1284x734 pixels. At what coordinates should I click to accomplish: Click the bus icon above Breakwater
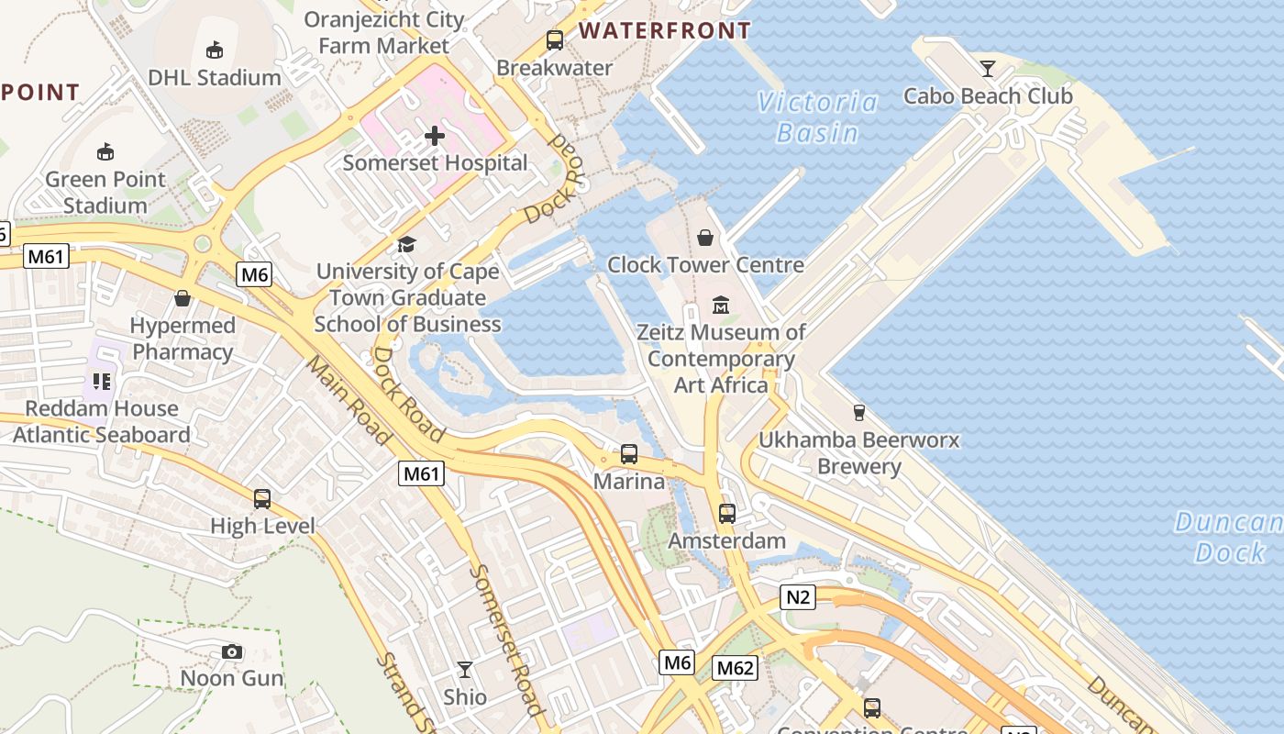555,40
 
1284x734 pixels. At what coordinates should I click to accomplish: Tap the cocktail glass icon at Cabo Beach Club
988,69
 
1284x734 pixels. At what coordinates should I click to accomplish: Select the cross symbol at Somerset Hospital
435,137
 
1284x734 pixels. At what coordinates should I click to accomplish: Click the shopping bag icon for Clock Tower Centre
705,239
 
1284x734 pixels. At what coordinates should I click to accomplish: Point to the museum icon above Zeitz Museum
721,305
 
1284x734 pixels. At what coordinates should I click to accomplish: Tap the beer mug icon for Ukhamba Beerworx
859,413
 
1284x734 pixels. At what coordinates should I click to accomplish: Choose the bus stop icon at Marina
629,453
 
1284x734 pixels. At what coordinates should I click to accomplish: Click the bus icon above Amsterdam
727,514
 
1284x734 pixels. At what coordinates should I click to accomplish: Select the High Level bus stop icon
262,499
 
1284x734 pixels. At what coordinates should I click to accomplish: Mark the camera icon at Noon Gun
232,652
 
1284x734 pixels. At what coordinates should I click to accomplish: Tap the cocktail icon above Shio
465,670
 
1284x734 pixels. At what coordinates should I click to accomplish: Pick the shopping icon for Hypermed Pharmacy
183,298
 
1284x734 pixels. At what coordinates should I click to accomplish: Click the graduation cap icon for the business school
406,244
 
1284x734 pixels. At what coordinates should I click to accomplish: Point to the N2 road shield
798,598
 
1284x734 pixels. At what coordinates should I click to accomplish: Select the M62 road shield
736,668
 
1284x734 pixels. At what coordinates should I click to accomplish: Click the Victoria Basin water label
817,117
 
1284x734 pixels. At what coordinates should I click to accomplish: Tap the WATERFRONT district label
665,30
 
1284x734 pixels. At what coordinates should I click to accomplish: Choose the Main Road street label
349,400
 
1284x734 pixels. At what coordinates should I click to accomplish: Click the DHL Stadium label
215,77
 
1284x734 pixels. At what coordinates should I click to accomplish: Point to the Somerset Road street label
507,638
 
